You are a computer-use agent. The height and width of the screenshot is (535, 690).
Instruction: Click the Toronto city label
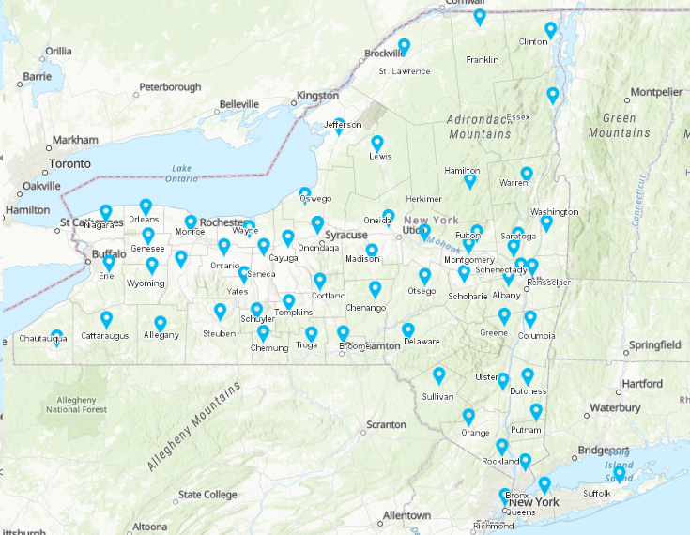tap(70, 163)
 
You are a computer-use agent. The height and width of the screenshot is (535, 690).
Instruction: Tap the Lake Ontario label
tap(181, 174)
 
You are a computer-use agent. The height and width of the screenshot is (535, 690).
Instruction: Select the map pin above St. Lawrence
tap(404, 46)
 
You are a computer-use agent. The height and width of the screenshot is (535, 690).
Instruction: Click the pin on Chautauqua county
tap(56, 337)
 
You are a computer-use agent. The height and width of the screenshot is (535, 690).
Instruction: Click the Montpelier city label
tap(656, 92)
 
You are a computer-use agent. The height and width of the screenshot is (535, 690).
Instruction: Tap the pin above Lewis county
tap(377, 144)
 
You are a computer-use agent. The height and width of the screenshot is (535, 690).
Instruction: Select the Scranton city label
tap(386, 424)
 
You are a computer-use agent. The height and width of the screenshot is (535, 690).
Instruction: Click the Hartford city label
tap(641, 383)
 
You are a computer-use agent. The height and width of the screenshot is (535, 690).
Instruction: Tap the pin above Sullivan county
tap(438, 375)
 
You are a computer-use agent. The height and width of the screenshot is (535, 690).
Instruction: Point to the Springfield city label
tap(655, 345)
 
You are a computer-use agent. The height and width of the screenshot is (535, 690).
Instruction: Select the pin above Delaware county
tap(408, 330)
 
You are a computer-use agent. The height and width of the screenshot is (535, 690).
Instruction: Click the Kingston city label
tap(316, 96)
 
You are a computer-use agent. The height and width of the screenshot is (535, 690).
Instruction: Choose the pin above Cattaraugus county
tap(106, 319)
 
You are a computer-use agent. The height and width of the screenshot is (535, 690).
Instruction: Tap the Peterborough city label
tap(170, 87)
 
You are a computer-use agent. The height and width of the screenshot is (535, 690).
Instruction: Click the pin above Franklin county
tap(480, 17)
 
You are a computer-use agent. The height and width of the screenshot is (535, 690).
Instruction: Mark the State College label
tap(207, 495)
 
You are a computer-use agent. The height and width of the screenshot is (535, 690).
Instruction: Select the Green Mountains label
tap(619, 126)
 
